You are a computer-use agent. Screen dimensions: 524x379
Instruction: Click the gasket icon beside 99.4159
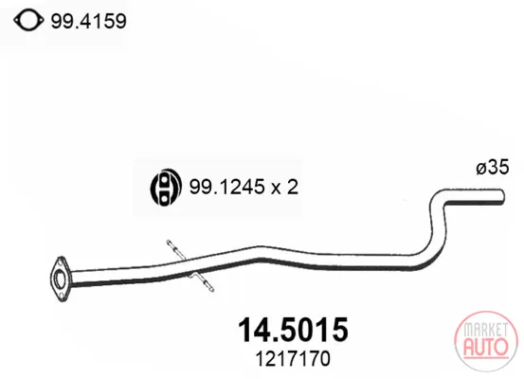[x=28, y=21]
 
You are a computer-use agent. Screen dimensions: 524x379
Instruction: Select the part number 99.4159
[x=88, y=22]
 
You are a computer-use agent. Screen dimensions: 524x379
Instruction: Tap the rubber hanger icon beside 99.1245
[x=166, y=188]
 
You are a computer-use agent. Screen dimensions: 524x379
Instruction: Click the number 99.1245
[x=227, y=187]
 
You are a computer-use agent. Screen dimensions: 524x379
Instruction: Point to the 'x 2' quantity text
[x=284, y=188]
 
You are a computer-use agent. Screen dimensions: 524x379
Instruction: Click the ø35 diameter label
[x=493, y=167]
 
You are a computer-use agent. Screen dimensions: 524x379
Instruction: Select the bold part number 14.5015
[x=293, y=330]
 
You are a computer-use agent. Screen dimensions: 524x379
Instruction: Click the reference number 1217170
[x=293, y=359]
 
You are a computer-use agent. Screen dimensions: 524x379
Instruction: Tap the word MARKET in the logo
[x=485, y=330]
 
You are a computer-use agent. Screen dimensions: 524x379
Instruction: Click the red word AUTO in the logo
[x=485, y=346]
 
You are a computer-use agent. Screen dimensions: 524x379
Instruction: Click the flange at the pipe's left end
[x=61, y=280]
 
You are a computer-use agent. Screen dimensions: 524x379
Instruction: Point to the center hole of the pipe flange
[x=60, y=280]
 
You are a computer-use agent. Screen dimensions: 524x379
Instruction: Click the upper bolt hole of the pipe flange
[x=62, y=262]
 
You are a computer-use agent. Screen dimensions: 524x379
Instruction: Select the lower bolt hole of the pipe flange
[x=62, y=295]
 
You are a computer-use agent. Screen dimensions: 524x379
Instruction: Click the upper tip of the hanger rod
[x=169, y=242]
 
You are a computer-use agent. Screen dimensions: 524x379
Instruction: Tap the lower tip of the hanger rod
[x=211, y=289]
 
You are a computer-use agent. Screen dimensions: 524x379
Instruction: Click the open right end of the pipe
[x=502, y=196]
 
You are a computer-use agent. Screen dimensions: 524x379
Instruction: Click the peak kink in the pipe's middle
[x=261, y=253]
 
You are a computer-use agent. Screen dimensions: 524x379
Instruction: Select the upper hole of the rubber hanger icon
[x=164, y=181]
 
